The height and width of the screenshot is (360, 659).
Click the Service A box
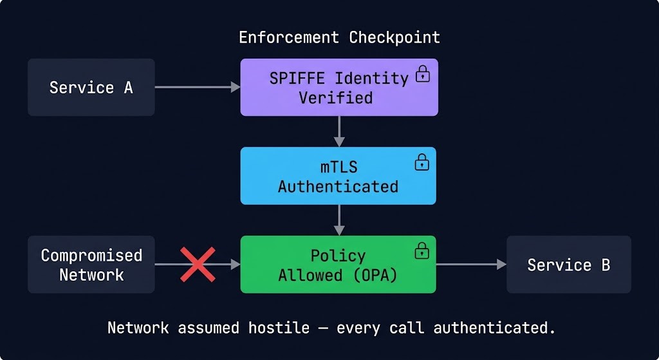pos(91,88)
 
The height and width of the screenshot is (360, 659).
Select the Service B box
pos(568,265)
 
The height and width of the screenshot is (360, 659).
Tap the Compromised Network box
pos(91,265)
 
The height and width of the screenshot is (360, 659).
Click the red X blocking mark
pos(198,265)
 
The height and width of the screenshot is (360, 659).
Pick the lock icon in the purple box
pos(422,74)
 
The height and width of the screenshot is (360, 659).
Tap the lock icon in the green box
pos(422,250)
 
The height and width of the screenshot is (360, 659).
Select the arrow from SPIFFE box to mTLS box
pos(339,131)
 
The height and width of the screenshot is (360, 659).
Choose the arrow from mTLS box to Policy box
pos(339,220)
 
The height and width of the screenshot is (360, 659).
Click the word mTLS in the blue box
pos(339,167)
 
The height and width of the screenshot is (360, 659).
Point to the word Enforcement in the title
pos(289,37)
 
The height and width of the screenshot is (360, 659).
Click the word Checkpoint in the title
pos(394,37)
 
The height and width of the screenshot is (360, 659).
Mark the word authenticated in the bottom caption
pos(494,328)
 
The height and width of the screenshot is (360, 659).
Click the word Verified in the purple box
pos(335,99)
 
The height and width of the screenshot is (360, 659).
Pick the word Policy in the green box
pos(338,256)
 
